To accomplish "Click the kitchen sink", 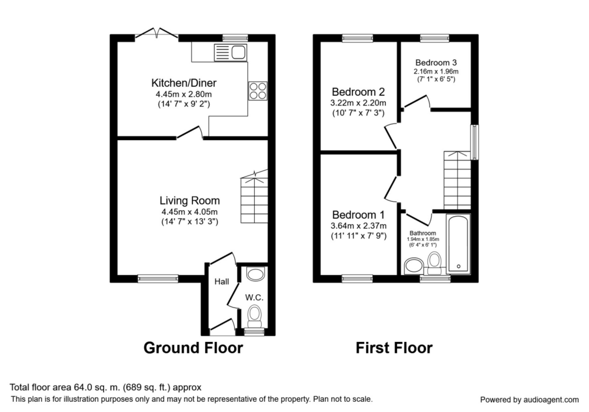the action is click(x=230, y=52).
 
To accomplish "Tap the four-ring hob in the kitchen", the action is click(x=258, y=91).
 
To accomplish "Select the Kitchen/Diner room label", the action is click(x=183, y=83).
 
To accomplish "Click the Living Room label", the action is click(x=190, y=201).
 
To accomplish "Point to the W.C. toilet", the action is click(x=255, y=316).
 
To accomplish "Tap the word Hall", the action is click(x=221, y=282).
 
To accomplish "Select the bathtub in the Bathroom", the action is click(x=458, y=243).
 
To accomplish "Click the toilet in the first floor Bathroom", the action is click(x=434, y=262).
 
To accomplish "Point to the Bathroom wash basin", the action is click(x=413, y=265).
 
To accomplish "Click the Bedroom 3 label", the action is click(x=436, y=63).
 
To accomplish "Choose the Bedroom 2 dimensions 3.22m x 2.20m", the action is click(x=358, y=103).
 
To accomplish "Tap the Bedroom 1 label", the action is click(x=358, y=215).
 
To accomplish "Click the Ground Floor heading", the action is click(x=193, y=348).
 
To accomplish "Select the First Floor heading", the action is click(x=394, y=348).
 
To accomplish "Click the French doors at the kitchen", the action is click(x=156, y=33).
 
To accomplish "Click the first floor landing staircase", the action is click(x=457, y=180).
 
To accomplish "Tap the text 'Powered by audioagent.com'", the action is click(x=529, y=399).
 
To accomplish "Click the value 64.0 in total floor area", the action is click(x=79, y=387).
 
